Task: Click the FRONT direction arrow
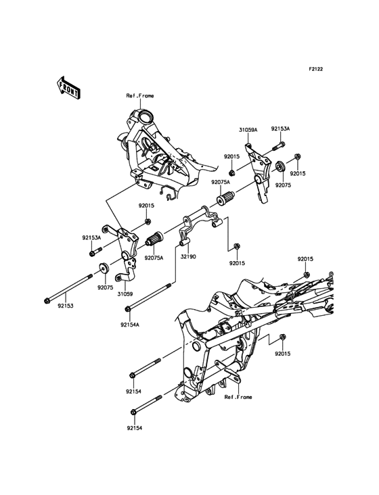pyautogui.click(x=68, y=89)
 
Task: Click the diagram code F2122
pyautogui.click(x=315, y=69)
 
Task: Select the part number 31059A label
pyautogui.click(x=248, y=130)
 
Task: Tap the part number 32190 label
pyautogui.click(x=188, y=257)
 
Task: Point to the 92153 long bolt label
pyautogui.click(x=66, y=306)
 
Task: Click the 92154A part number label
pyautogui.click(x=129, y=324)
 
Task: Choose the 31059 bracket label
pyautogui.click(x=125, y=294)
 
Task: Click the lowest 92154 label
pyautogui.click(x=135, y=428)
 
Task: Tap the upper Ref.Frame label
pyautogui.click(x=140, y=95)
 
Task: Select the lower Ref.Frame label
pyautogui.click(x=238, y=397)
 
